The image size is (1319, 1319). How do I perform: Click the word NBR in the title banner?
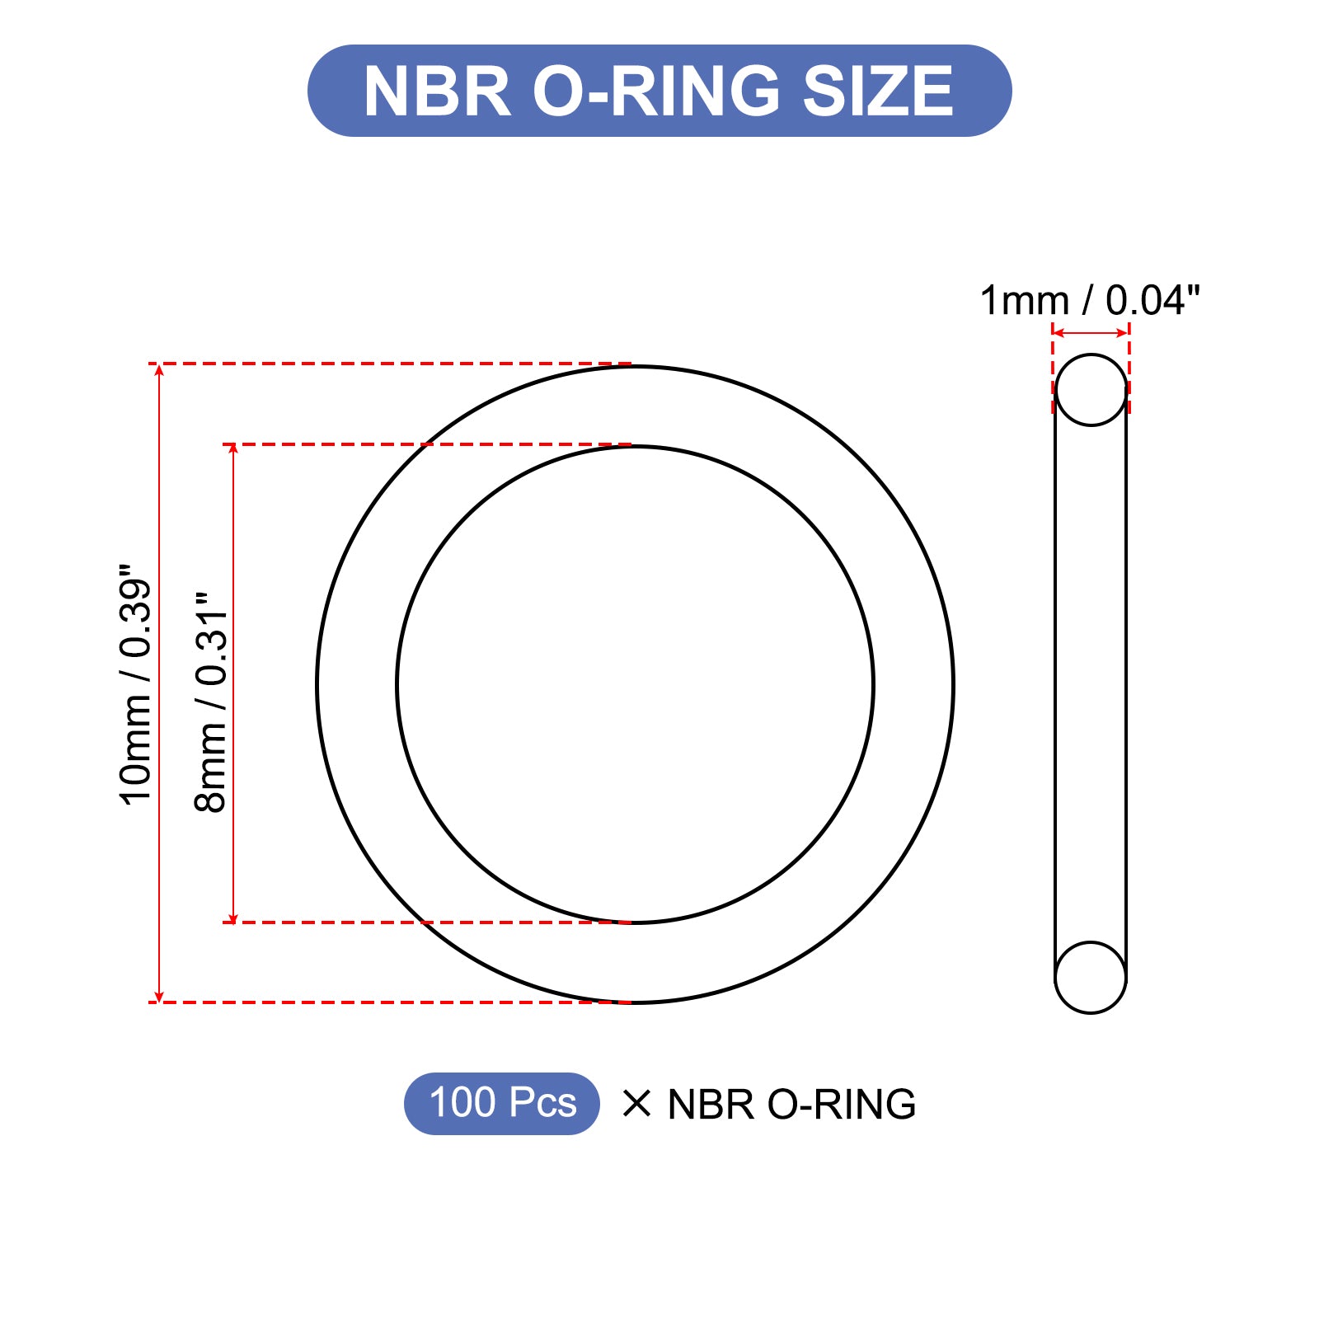click(x=438, y=91)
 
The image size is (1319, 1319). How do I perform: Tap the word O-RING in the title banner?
click(x=656, y=91)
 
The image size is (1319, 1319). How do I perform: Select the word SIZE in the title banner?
click(x=878, y=91)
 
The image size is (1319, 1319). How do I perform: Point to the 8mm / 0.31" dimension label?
click(x=211, y=702)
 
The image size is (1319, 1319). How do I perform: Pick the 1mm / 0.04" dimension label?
click(x=1090, y=300)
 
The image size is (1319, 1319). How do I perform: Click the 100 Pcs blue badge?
click(x=502, y=1103)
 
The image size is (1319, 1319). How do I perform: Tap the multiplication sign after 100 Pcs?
click(x=636, y=1103)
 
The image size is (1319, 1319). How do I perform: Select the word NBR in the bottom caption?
click(x=711, y=1104)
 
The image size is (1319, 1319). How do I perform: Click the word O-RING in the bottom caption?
click(x=842, y=1104)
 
